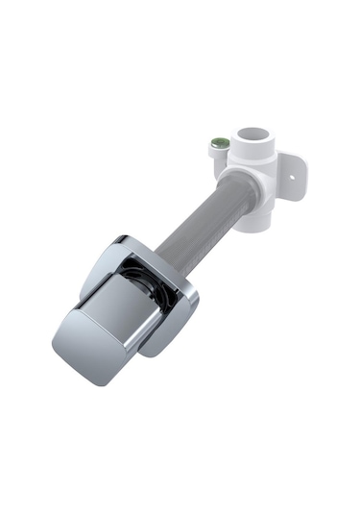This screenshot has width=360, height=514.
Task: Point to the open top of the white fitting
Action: coord(256,136)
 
